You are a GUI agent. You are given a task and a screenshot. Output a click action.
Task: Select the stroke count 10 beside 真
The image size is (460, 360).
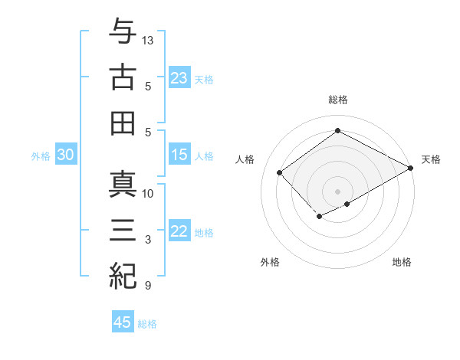(148, 194)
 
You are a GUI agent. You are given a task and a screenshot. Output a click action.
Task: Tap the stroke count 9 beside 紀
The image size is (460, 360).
(146, 286)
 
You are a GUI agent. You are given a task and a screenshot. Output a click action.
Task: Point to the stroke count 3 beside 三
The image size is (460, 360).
(146, 240)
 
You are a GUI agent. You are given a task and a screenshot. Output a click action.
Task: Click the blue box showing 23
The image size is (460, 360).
(179, 78)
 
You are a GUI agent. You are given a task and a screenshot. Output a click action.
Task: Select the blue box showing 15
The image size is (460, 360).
(179, 155)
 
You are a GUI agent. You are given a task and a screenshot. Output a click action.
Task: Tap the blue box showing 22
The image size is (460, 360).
(179, 231)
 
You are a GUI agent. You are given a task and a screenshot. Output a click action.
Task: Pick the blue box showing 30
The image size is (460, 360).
(65, 155)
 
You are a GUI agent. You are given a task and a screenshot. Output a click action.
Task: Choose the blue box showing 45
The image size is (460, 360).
(123, 322)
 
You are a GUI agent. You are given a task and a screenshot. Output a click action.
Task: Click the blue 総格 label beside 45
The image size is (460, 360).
(147, 324)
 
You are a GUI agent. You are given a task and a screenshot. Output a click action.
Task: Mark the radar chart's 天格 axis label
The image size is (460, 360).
(431, 159)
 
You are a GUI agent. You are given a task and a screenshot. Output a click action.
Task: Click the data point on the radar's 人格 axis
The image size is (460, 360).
(280, 172)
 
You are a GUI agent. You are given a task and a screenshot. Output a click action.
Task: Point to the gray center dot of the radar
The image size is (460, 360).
(337, 190)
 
